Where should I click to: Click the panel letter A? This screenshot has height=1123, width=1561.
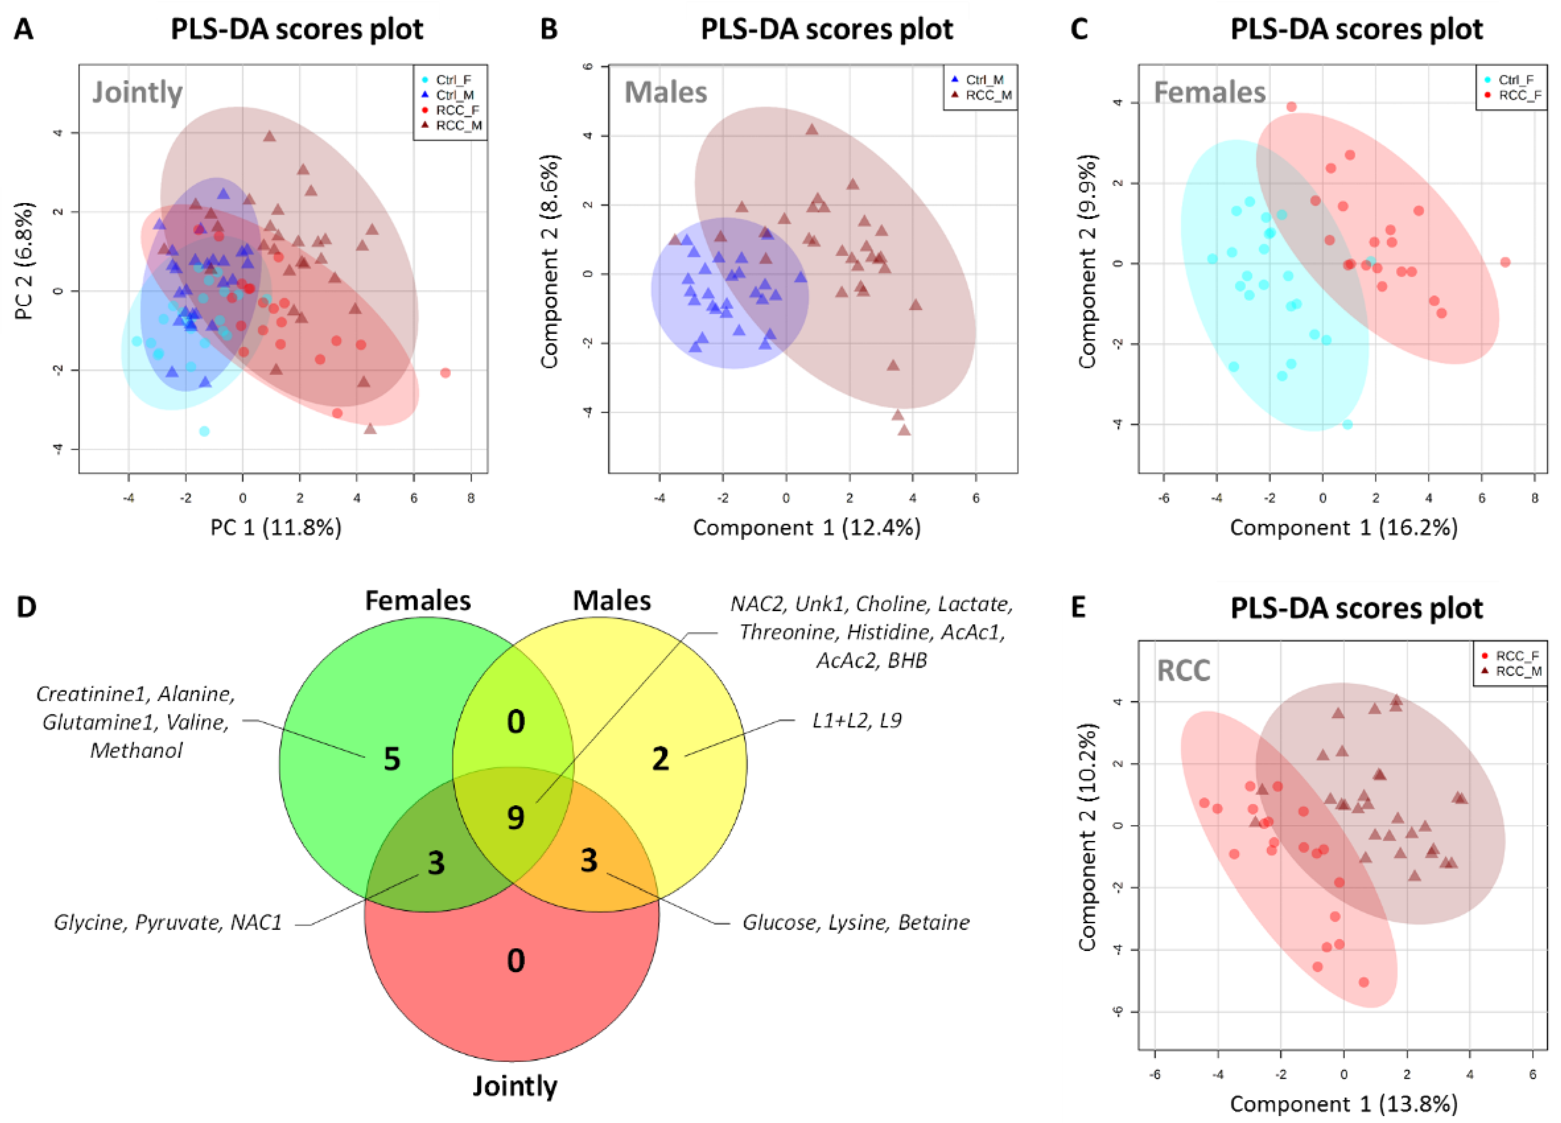coord(24,30)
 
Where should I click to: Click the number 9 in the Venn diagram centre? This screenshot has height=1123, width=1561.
coord(515,818)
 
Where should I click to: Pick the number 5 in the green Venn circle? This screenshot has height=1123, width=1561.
coord(392,760)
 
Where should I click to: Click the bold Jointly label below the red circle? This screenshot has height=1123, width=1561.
coord(515,1086)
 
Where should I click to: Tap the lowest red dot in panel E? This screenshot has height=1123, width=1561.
coord(1363,982)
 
